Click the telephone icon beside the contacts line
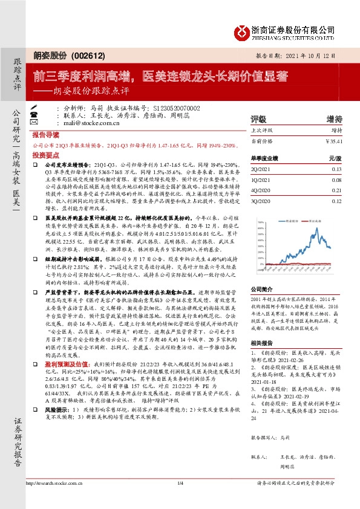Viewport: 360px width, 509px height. [50, 114]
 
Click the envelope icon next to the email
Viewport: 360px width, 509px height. [50, 122]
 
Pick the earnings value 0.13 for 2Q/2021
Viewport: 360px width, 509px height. [336, 170]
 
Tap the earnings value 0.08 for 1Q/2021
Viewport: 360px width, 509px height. [336, 180]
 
